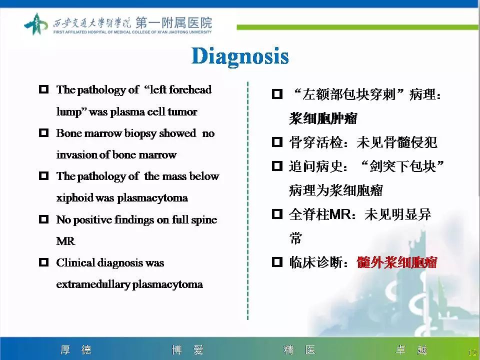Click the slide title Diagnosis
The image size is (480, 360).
pyautogui.click(x=240, y=56)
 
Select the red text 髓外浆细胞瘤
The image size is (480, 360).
pyautogui.click(x=397, y=262)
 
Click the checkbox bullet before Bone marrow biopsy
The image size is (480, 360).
pyautogui.click(x=44, y=133)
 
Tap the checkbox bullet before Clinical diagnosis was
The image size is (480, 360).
pyautogui.click(x=44, y=262)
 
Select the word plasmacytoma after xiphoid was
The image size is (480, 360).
pyautogui.click(x=152, y=198)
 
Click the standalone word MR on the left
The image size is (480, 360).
pyautogui.click(x=65, y=241)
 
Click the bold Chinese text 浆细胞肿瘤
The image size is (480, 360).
pyautogui.click(x=323, y=118)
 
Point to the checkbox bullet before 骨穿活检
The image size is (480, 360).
pyautogui.click(x=277, y=142)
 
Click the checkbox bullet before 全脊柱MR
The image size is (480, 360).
pyautogui.click(x=277, y=214)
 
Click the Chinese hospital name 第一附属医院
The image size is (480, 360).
pyautogui.click(x=173, y=22)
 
